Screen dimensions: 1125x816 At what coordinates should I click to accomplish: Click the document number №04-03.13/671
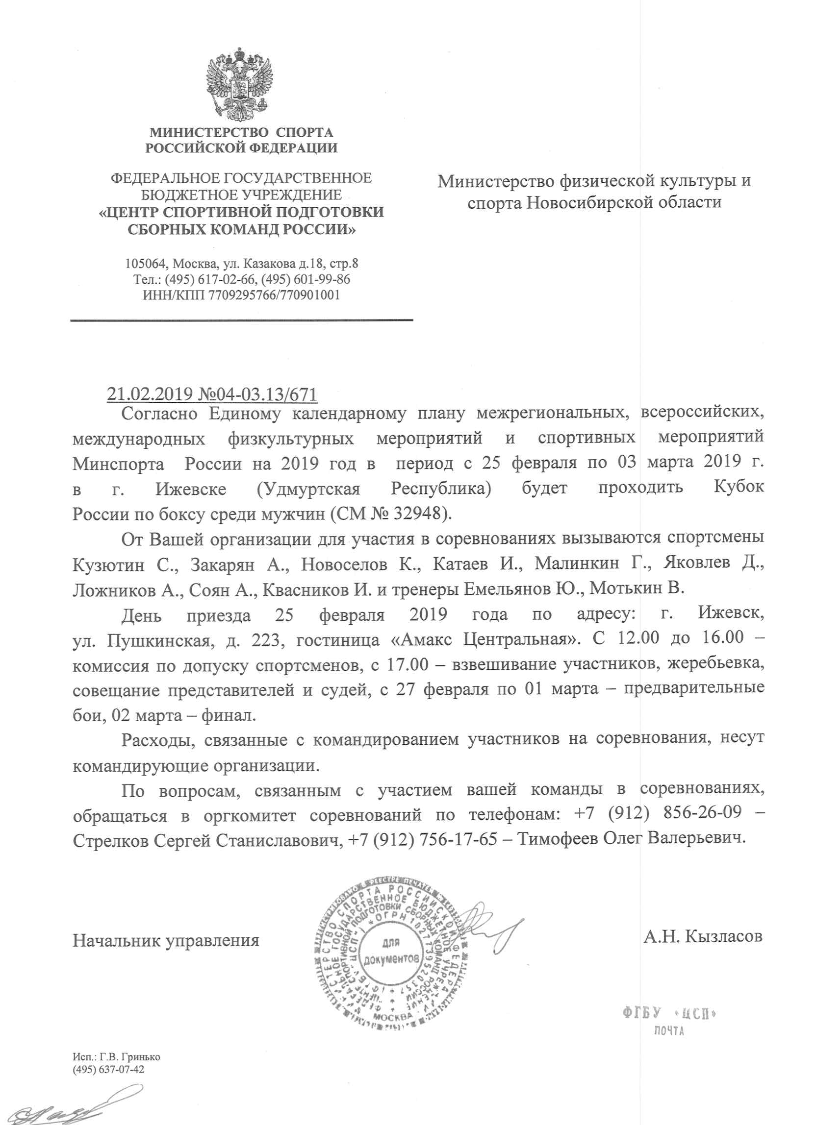coord(257,394)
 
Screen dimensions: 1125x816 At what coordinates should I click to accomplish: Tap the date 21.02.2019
coord(150,394)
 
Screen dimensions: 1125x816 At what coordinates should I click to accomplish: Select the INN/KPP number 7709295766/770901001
coord(274,295)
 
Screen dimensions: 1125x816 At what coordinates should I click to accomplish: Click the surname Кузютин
coord(108,564)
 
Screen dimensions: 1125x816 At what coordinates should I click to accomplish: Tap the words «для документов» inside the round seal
coord(391,951)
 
